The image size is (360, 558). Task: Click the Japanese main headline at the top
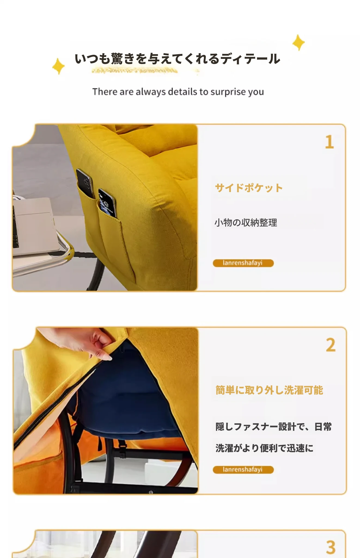click(x=177, y=59)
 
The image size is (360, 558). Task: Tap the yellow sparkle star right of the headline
click(x=299, y=43)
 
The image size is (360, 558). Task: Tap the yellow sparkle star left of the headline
click(x=59, y=66)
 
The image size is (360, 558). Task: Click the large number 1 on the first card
click(x=330, y=142)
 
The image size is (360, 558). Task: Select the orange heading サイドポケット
click(x=249, y=188)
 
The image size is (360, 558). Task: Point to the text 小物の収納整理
click(x=246, y=223)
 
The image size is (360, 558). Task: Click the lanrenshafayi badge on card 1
click(x=243, y=263)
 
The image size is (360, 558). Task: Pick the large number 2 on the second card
click(x=331, y=345)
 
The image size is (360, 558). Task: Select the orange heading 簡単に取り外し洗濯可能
click(x=269, y=390)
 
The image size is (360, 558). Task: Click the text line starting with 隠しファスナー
click(x=273, y=427)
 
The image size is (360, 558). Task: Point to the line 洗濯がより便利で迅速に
click(x=264, y=448)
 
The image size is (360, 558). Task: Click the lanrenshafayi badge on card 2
click(x=243, y=470)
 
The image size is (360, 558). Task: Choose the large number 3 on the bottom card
click(x=331, y=548)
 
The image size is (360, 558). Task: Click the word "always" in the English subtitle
click(x=151, y=92)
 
